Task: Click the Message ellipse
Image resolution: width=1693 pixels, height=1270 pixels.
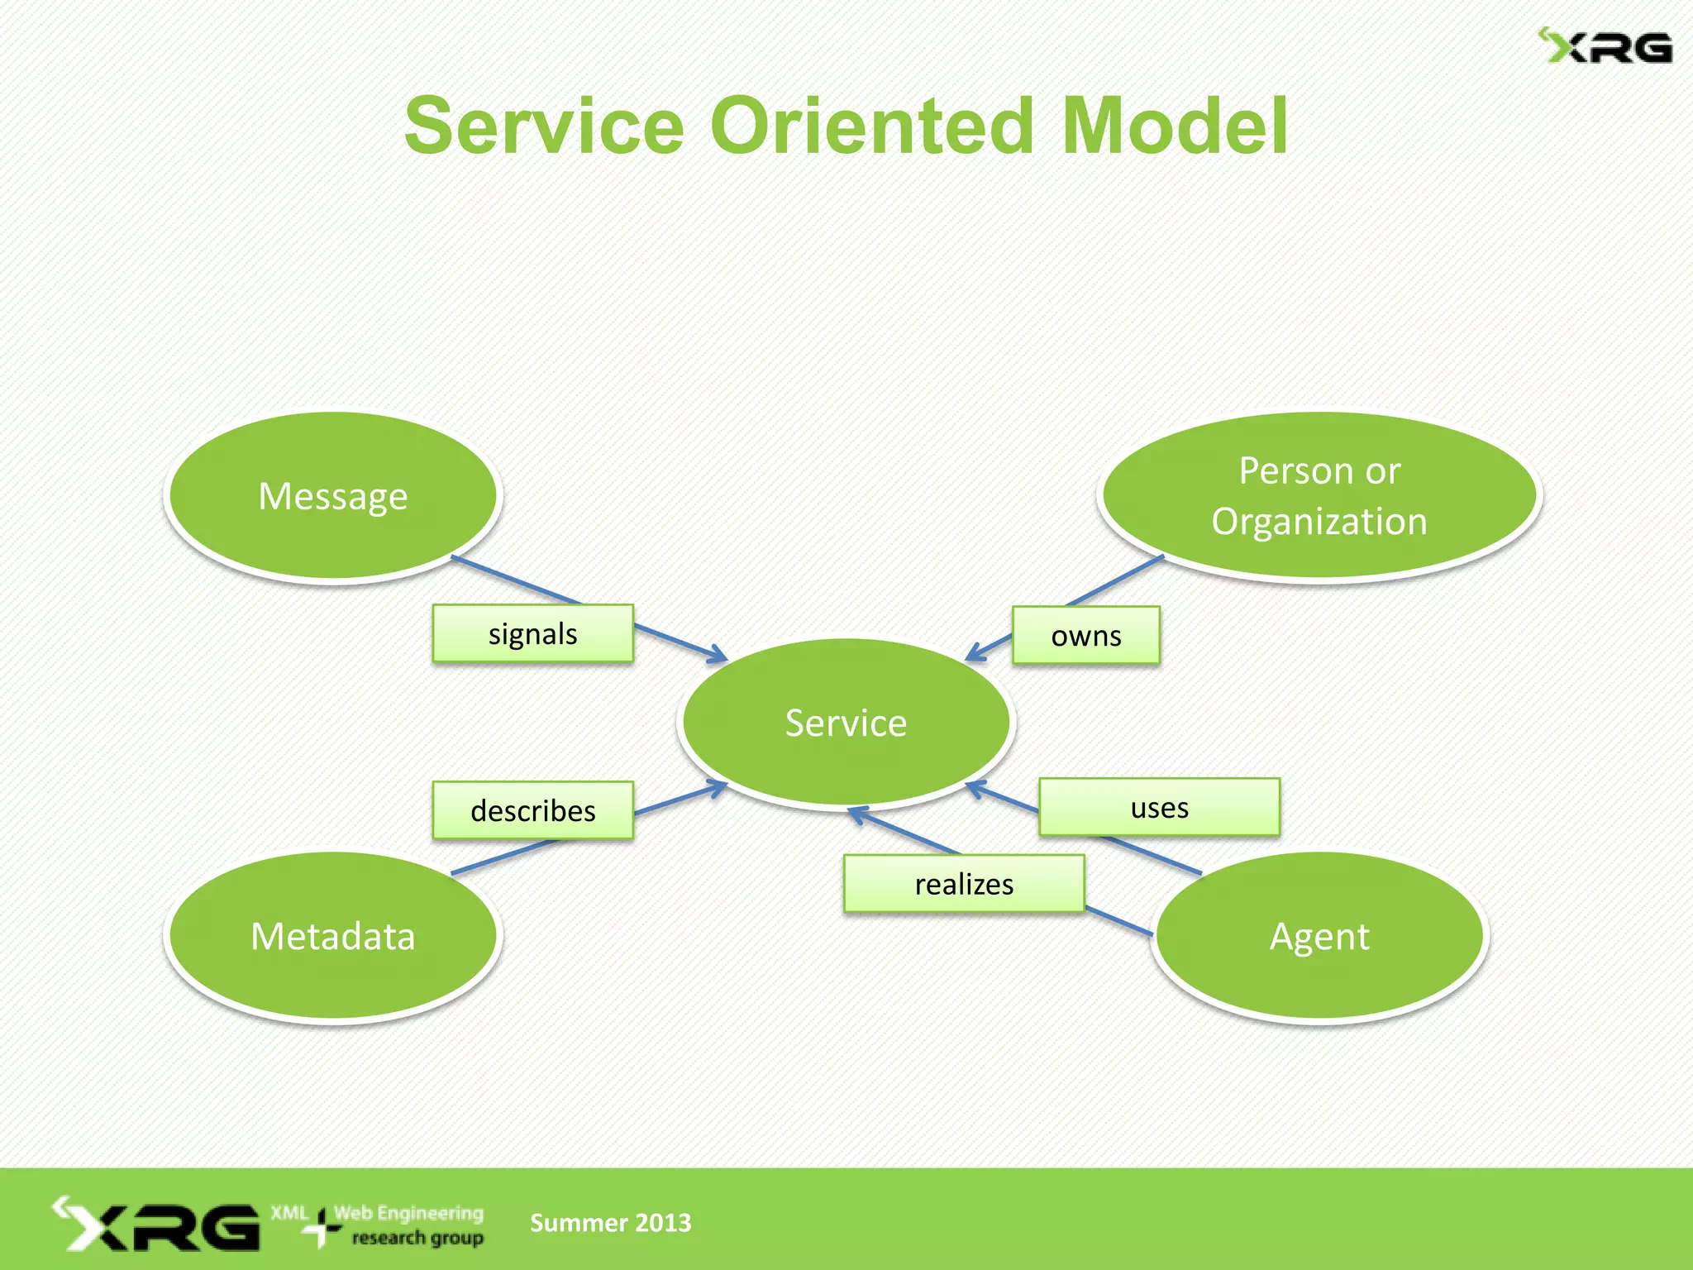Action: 333,496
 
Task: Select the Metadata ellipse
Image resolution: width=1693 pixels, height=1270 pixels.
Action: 333,936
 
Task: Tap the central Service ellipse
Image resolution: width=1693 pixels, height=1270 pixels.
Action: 846,723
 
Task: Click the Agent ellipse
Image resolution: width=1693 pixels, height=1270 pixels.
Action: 1319,936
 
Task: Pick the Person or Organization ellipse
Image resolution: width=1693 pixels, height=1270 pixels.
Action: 1319,496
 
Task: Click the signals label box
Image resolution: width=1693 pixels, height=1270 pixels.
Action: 533,634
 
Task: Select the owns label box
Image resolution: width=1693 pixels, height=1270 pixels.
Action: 1086,636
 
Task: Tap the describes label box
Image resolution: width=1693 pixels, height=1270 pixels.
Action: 533,810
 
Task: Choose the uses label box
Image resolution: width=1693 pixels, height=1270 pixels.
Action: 1159,807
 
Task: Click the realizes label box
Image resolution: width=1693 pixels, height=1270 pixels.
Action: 964,884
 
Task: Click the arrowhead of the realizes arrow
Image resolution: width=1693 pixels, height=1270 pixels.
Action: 855,813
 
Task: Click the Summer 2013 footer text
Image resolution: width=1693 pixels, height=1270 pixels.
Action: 610,1222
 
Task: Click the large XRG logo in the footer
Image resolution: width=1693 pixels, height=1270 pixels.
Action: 157,1225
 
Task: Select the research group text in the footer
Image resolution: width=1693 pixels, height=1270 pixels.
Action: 417,1238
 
